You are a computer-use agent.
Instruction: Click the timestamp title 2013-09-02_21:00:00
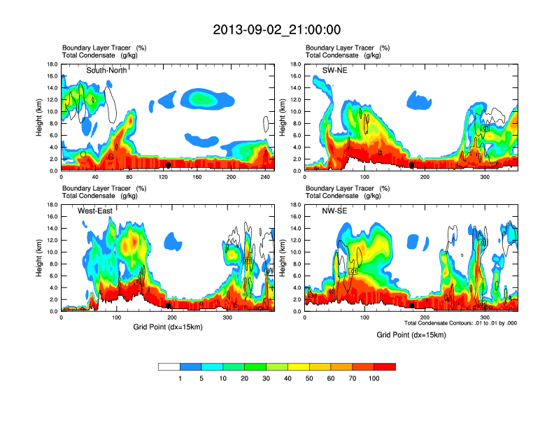[x=276, y=30]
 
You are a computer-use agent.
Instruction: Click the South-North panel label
[x=110, y=71]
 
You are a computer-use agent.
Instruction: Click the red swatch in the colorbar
[x=385, y=366]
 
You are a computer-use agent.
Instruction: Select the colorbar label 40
[x=287, y=378]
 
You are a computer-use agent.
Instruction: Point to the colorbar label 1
[x=180, y=378]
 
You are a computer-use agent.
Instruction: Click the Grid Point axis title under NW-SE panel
[x=411, y=335]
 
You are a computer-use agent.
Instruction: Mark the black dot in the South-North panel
[x=169, y=165]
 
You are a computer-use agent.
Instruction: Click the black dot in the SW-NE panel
[x=412, y=165]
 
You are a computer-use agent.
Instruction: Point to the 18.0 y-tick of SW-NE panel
[x=294, y=64]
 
